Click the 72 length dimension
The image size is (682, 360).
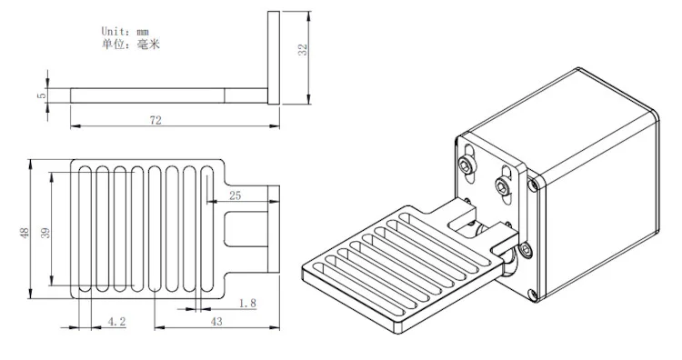155,120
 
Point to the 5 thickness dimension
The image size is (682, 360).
41,95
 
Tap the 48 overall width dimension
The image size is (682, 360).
25,233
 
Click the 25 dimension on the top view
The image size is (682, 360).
235,195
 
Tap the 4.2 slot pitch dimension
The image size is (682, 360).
116,321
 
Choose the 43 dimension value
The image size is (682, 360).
216,321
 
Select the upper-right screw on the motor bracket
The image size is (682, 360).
503,186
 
